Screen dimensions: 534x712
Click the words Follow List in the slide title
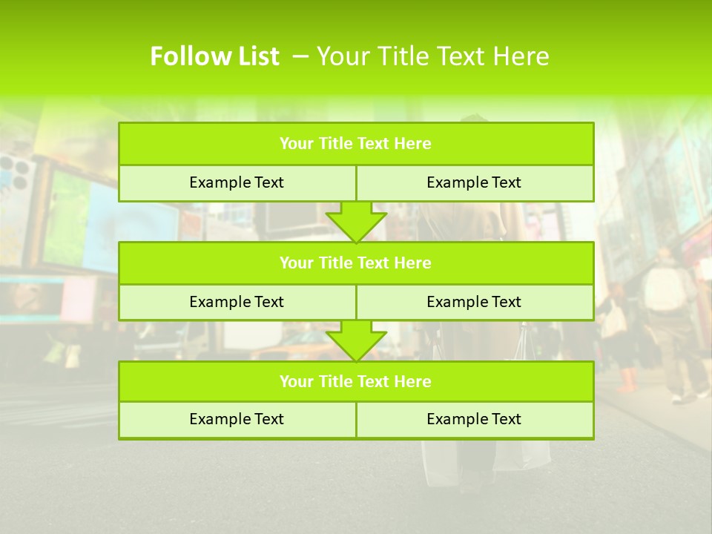click(214, 56)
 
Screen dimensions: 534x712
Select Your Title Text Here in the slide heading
click(433, 56)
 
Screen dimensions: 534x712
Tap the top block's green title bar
click(356, 144)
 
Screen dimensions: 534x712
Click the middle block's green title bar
click(356, 263)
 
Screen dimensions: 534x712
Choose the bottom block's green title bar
click(356, 381)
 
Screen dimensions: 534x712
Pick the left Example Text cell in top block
click(237, 182)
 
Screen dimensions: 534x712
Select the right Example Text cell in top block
click(474, 182)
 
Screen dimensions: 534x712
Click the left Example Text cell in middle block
click(237, 302)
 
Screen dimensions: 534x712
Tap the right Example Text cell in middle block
click(474, 302)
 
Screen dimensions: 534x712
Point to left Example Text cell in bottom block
click(237, 419)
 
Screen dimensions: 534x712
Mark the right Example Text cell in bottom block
click(474, 419)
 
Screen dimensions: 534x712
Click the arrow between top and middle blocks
click(356, 222)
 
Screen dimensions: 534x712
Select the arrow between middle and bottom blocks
click(356, 341)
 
